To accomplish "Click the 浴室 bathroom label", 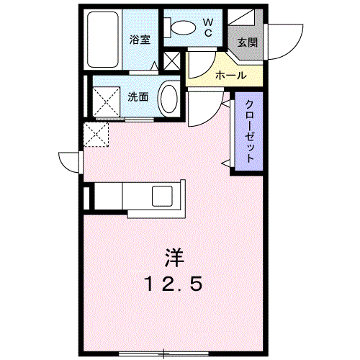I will tap(140, 40).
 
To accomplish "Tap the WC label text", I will tap(207, 27).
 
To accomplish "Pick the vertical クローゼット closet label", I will tap(248, 134).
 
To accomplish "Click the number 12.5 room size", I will tap(174, 283).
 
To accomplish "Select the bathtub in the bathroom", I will tap(103, 40).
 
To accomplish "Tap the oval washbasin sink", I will tap(169, 98).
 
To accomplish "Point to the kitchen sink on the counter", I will tap(161, 195).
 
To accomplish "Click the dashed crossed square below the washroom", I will tap(96, 135).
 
